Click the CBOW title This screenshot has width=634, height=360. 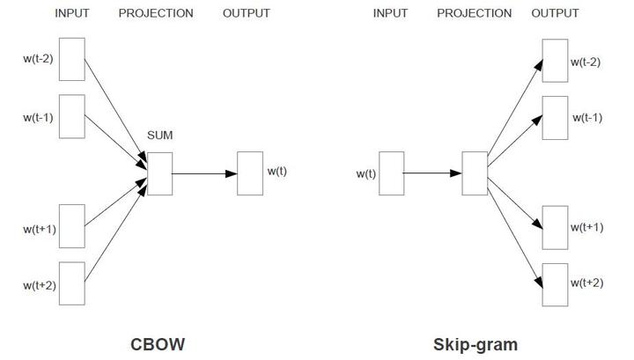158,343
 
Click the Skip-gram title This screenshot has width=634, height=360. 475,343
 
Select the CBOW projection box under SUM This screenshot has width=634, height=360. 159,173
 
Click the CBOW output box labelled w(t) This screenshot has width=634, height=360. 250,173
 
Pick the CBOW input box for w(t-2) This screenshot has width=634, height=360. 72,59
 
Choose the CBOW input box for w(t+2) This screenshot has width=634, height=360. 72,283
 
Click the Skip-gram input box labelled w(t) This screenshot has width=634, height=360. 391,173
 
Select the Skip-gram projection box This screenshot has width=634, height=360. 475,173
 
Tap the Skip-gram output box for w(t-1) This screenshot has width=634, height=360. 555,117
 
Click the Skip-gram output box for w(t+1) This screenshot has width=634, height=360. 555,228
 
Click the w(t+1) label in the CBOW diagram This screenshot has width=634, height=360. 40,230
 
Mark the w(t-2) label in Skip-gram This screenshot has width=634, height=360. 586,62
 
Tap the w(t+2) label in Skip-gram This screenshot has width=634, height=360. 586,282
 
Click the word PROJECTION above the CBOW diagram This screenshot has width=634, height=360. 156,13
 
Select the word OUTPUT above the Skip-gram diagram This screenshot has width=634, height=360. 555,13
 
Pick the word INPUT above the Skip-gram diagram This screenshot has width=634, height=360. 390,13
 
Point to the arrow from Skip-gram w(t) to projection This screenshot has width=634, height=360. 432,173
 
